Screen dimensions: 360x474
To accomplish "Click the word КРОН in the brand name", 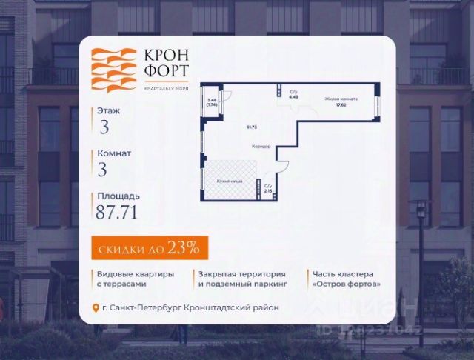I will [161, 57].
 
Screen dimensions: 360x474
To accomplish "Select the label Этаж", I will [109, 110].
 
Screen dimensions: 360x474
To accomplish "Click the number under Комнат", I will [103, 169].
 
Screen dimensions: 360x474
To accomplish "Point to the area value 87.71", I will [116, 212].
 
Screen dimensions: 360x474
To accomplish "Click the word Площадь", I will [117, 196].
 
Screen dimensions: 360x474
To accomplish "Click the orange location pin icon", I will [95, 308].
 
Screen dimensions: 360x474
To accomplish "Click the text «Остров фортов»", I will [347, 284].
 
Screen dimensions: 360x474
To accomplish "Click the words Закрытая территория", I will [234, 273].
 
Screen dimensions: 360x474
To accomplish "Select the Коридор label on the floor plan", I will [259, 146].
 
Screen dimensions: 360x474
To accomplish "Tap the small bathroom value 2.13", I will [267, 190].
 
